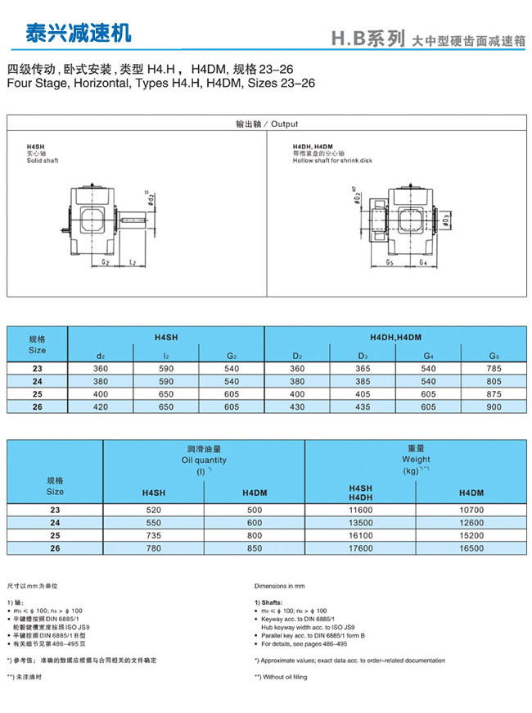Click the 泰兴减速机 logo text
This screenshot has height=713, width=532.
click(x=78, y=34)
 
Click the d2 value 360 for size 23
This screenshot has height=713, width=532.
click(x=100, y=369)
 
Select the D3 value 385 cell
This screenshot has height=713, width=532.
click(x=363, y=381)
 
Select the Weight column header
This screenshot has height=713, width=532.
click(x=416, y=460)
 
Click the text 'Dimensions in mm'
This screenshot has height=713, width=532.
click(x=280, y=586)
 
